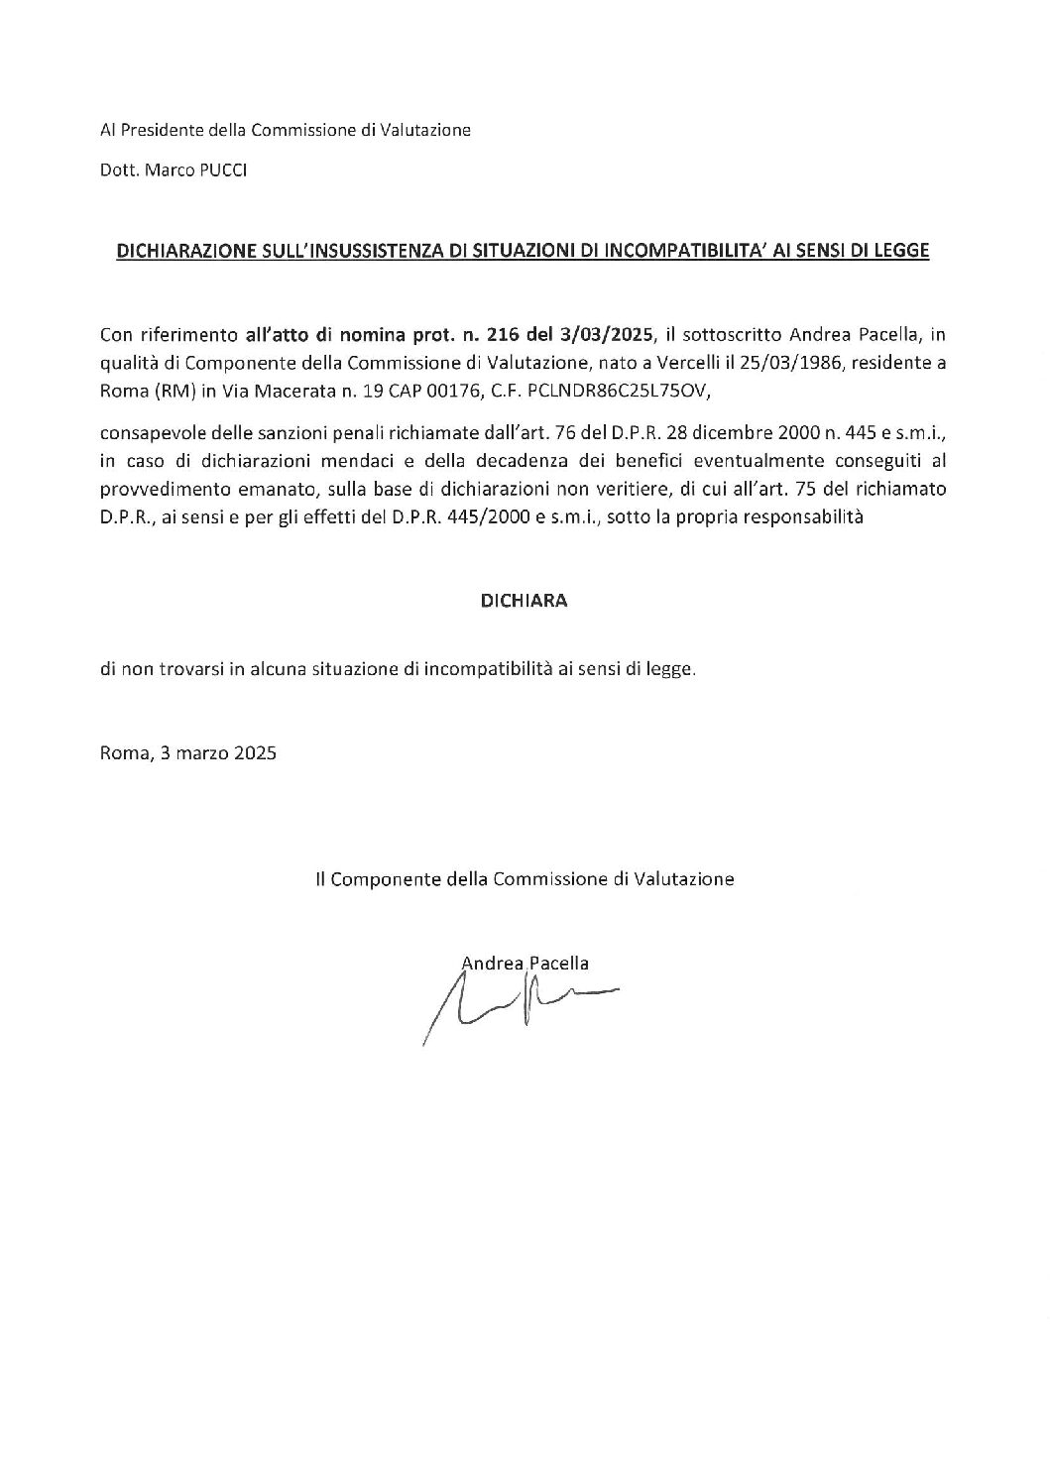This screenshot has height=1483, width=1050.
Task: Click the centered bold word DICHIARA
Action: coord(524,601)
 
